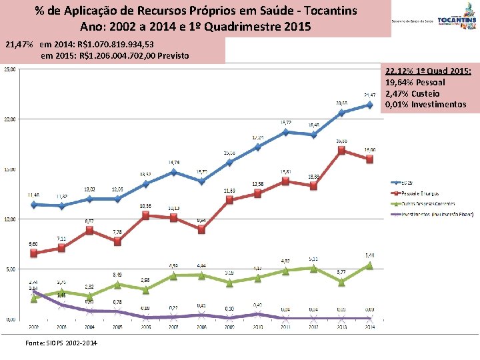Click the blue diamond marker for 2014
tap(369, 105)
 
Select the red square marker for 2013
tap(341, 150)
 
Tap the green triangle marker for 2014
tap(369, 265)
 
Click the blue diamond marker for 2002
tap(34, 204)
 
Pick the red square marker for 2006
tap(145, 215)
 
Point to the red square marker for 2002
tap(34, 253)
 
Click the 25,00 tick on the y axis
tap(11, 69)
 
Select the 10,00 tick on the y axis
tap(11, 219)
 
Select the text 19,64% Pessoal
tap(415, 82)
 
